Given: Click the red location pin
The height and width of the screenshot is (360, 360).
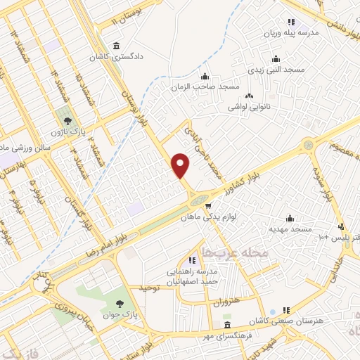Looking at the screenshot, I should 181,165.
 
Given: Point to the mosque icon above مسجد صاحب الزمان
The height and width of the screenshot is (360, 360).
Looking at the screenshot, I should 204,77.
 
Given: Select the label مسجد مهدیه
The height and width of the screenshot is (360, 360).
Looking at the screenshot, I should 288,229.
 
